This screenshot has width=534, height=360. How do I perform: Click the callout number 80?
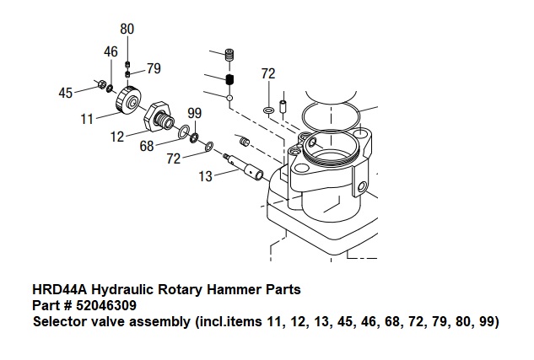coord(127,29)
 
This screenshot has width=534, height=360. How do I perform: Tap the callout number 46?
coord(111,51)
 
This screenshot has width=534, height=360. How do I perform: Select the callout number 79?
coord(154,68)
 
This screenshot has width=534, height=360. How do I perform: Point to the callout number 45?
coord(66,93)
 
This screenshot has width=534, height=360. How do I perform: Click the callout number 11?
coord(87,119)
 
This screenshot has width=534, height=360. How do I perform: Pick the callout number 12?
coord(118,135)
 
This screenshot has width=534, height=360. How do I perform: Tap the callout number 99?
coord(194,113)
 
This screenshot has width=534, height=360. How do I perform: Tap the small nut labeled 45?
coord(100,84)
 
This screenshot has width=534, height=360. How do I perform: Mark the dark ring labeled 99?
coord(194,137)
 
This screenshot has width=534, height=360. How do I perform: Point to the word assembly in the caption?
coord(186,321)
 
